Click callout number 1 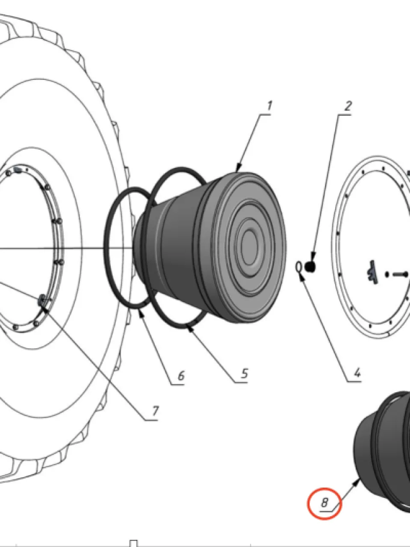269,106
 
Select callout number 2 348,106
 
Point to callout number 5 245,373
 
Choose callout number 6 181,376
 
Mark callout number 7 155,411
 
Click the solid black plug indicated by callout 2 310,267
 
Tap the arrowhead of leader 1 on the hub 238,168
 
